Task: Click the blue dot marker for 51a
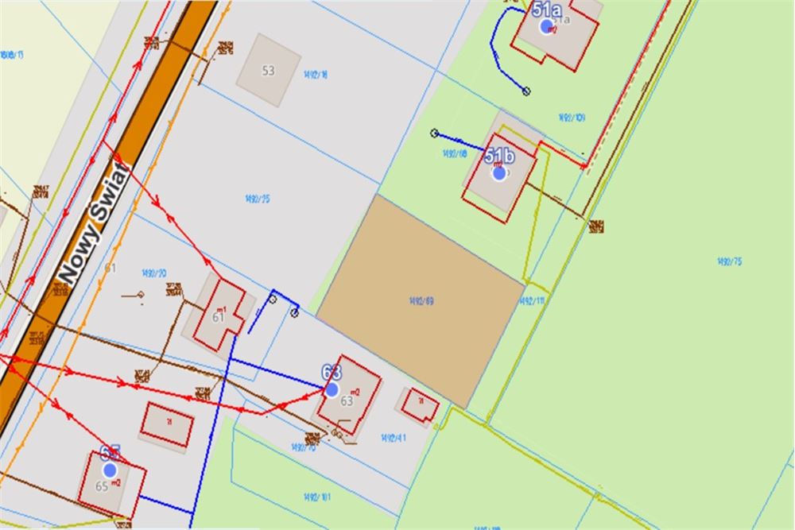pyautogui.click(x=547, y=26)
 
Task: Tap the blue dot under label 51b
pyautogui.click(x=499, y=172)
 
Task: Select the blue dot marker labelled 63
pyautogui.click(x=332, y=389)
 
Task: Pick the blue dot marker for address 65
pyautogui.click(x=111, y=470)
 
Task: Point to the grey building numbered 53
pyautogui.click(x=269, y=70)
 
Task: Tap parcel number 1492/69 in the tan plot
pyautogui.click(x=421, y=300)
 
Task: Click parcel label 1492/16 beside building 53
pyautogui.click(x=316, y=75)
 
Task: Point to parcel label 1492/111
pyautogui.click(x=532, y=301)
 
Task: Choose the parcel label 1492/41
pyautogui.click(x=394, y=437)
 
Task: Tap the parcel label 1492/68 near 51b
pyautogui.click(x=455, y=153)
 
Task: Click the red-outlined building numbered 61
pyautogui.click(x=219, y=315)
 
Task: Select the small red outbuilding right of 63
pyautogui.click(x=420, y=406)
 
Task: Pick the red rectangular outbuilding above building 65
pyautogui.click(x=167, y=426)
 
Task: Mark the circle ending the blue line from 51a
pyautogui.click(x=525, y=91)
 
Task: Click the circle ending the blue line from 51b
pyautogui.click(x=434, y=133)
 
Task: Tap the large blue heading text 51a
pyautogui.click(x=547, y=10)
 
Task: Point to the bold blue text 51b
pyautogui.click(x=500, y=156)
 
